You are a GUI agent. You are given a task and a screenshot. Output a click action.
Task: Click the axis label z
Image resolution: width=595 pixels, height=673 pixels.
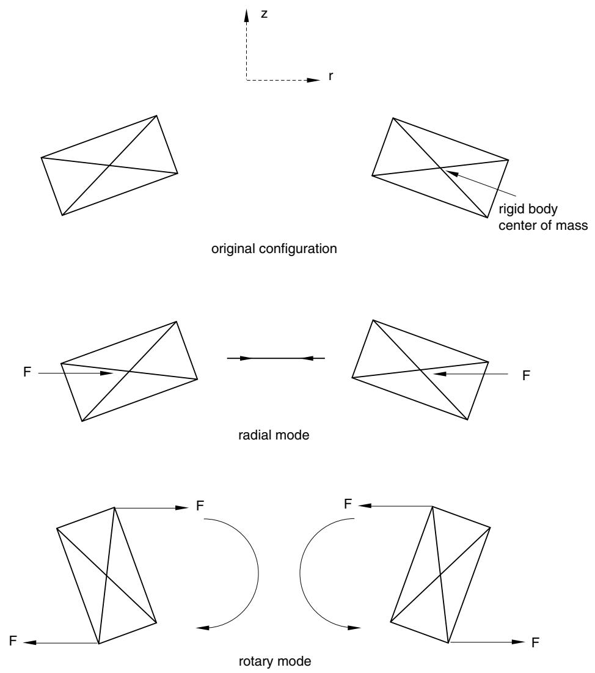click(x=265, y=13)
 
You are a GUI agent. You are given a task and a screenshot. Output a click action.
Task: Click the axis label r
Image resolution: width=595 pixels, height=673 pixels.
click(x=330, y=76)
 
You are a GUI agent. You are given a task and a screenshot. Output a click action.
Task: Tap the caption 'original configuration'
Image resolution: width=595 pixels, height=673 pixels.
click(x=274, y=249)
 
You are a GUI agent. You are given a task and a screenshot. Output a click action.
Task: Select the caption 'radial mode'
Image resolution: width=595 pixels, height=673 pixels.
click(x=274, y=435)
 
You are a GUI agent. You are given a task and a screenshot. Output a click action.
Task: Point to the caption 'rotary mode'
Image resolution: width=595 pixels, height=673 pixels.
click(x=275, y=661)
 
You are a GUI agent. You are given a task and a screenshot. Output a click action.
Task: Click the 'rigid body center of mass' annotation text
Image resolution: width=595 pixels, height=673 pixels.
click(x=542, y=217)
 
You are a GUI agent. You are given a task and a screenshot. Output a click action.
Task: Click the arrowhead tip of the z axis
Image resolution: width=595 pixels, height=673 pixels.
click(x=247, y=9)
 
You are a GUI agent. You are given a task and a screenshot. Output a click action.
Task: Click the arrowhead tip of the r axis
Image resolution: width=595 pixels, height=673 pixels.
click(x=321, y=80)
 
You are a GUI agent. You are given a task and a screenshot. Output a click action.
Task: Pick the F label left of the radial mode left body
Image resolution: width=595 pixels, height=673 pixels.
click(x=27, y=372)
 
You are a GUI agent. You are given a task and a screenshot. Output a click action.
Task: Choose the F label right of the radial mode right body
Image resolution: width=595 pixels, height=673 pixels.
click(x=527, y=375)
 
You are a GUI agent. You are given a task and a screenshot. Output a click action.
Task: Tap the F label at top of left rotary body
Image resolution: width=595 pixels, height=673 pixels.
click(x=200, y=506)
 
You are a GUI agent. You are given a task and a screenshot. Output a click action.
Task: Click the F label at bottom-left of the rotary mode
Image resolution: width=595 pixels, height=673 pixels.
click(x=13, y=641)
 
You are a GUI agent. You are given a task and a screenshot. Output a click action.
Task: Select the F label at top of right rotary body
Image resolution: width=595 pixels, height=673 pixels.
click(x=348, y=504)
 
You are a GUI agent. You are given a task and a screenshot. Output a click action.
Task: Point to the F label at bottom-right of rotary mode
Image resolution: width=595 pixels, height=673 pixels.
click(x=535, y=642)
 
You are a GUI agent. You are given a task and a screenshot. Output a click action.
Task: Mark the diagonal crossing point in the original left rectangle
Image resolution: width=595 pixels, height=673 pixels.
click(x=110, y=165)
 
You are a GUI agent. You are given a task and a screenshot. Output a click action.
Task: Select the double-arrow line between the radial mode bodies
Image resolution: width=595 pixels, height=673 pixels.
click(x=276, y=358)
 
